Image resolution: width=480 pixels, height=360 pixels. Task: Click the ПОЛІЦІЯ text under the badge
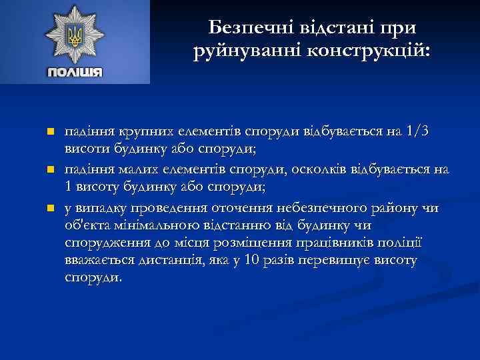(75, 72)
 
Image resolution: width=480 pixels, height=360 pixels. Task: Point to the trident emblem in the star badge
(75, 34)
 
